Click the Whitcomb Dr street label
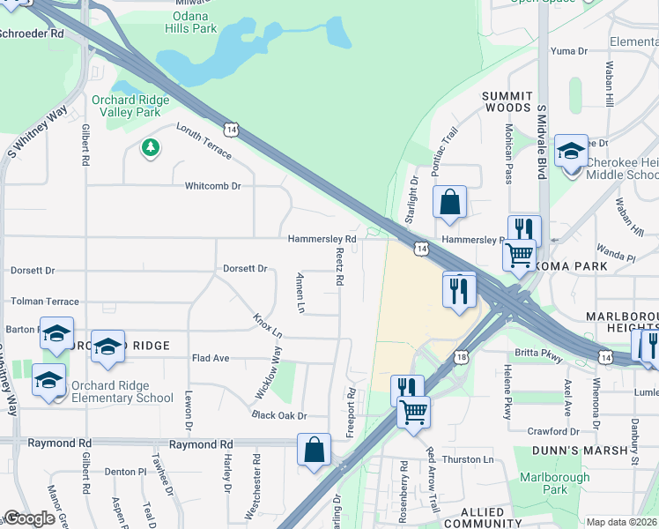212,186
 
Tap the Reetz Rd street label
339,266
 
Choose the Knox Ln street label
267,325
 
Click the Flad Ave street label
211,358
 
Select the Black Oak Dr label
278,415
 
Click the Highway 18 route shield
462,356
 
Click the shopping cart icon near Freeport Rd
413,412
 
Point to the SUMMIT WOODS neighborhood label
507,101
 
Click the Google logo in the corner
29,518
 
